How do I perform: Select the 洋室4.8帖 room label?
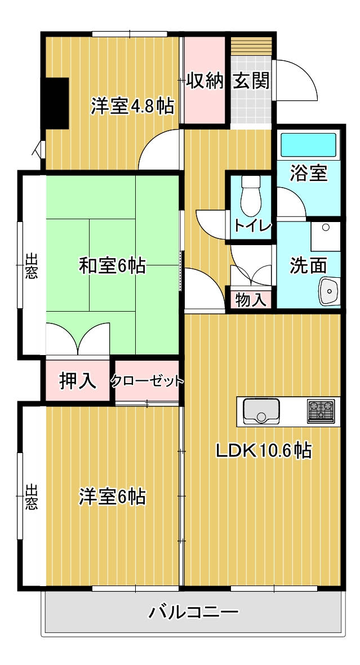(x=133, y=106)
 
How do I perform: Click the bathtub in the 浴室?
(x=309, y=145)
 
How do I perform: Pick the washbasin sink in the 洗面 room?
(x=330, y=291)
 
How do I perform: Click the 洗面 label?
(x=308, y=265)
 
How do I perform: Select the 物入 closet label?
(x=251, y=300)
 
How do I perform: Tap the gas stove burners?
(x=321, y=411)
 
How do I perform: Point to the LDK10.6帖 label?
(x=264, y=450)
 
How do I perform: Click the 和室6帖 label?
(x=112, y=266)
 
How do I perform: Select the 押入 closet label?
(x=78, y=381)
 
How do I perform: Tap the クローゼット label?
(x=147, y=381)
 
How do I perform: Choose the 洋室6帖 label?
(x=112, y=496)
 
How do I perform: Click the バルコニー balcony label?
(x=193, y=612)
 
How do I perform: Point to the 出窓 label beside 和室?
(x=31, y=265)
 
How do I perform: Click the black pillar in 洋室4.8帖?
(x=57, y=103)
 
